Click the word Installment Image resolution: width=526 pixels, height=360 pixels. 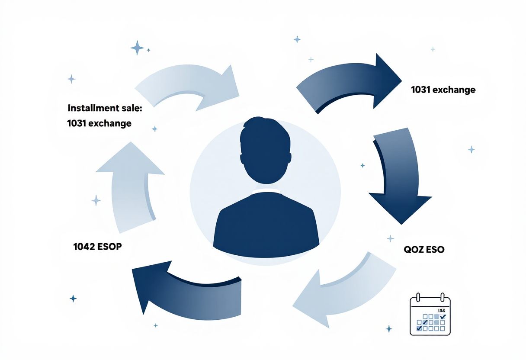tap(93, 108)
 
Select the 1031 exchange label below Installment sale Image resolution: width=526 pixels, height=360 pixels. tap(99, 123)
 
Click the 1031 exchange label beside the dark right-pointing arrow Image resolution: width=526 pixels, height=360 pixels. tap(443, 90)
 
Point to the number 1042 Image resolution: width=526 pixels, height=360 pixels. tap(84, 247)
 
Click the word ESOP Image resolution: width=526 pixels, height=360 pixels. tap(109, 247)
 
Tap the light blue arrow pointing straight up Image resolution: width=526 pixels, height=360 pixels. tap(130, 186)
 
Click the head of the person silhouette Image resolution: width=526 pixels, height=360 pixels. tap(265, 150)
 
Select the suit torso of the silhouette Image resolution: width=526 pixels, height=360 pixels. tap(266, 225)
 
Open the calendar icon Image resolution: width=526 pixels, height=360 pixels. tap(430, 314)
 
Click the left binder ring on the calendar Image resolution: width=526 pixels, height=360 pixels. tap(418, 297)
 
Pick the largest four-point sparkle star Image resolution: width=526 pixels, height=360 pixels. tap(137, 48)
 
